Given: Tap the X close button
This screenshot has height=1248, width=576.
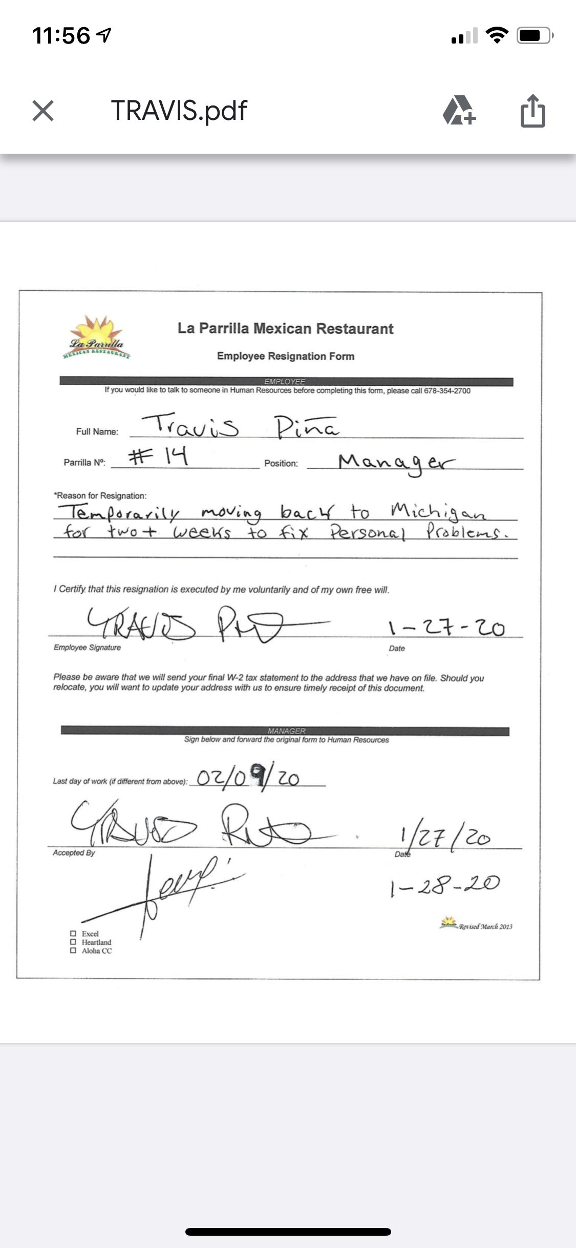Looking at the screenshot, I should coord(43,111).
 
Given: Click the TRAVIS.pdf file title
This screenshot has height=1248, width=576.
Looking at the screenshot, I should coord(179,111).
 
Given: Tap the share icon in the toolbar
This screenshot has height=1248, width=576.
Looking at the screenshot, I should coord(532,111).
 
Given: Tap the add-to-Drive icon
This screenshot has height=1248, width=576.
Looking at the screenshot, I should coord(459,111).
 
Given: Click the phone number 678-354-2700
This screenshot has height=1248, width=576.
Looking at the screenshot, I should coord(447,391).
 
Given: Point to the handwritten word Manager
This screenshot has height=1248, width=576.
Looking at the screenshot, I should coord(396,463).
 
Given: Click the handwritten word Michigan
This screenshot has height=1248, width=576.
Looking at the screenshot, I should coord(438,511).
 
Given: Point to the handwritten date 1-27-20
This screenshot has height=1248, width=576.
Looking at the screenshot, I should coord(446,627).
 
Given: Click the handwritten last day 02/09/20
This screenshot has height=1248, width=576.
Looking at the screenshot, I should coord(248,778).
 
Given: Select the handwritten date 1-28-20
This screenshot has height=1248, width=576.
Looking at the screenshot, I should coord(444,885).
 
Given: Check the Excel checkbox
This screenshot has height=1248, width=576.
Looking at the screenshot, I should coord(73,933).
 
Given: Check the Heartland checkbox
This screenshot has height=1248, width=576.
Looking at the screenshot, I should coord(73,942).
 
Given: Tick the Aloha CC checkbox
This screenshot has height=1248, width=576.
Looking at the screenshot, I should coord(73,950).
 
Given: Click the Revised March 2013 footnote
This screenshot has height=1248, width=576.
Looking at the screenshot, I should coord(484,926).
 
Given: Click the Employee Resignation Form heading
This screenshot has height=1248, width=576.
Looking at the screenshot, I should coord(285,356).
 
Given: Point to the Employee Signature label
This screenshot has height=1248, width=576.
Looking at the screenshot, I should coord(87,648).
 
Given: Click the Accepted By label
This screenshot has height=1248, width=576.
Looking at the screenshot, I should coord(74,852).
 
